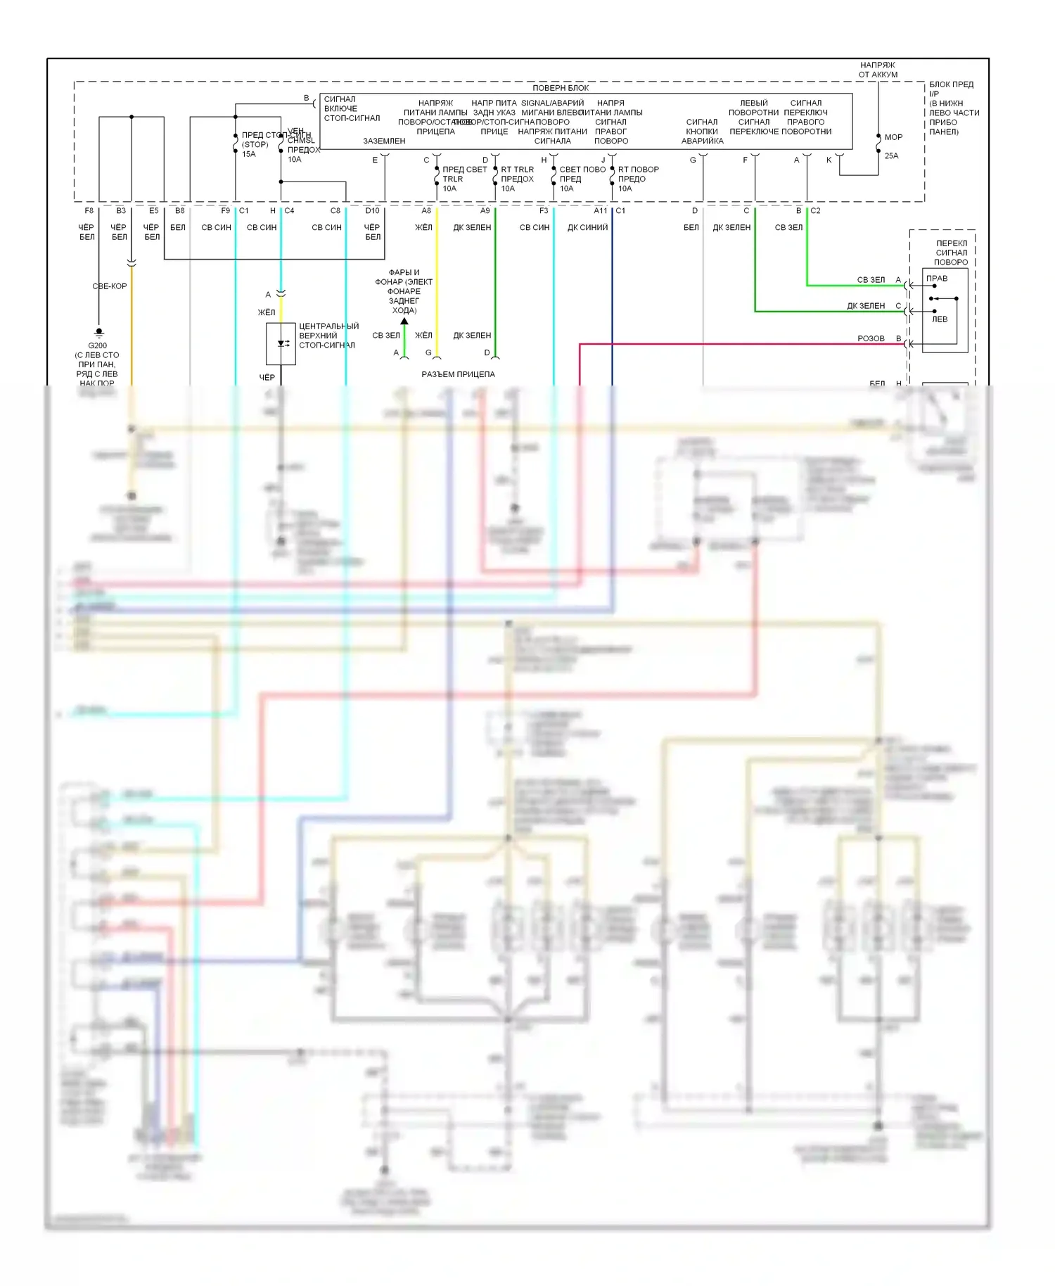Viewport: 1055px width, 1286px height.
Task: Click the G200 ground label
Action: click(98, 345)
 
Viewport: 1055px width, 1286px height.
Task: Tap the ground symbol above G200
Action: click(99, 332)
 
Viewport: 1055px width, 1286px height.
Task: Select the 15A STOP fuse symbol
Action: click(236, 144)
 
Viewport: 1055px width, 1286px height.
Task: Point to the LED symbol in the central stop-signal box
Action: click(283, 343)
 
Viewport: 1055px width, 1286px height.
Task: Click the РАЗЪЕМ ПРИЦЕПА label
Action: click(458, 374)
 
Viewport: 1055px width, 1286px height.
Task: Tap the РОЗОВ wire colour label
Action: click(871, 338)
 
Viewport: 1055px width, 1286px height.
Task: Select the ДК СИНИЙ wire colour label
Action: click(587, 227)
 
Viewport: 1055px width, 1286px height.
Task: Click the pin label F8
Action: click(89, 210)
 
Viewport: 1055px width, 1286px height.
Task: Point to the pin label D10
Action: click(372, 210)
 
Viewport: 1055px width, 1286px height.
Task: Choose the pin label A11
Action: click(600, 210)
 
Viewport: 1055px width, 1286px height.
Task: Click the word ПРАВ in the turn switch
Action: click(937, 279)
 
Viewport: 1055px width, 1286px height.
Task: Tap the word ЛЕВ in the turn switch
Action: click(940, 319)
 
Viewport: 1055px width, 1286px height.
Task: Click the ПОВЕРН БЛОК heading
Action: click(561, 88)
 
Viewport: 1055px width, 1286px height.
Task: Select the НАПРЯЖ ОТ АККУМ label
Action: click(878, 70)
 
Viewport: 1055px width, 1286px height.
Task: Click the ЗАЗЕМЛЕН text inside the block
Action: click(384, 141)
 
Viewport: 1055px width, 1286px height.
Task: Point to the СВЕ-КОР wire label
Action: click(110, 286)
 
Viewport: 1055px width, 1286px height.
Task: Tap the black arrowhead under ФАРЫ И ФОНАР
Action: click(404, 321)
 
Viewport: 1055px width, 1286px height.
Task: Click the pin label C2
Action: click(815, 210)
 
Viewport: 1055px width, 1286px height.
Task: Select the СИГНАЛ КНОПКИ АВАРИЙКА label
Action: click(702, 132)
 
